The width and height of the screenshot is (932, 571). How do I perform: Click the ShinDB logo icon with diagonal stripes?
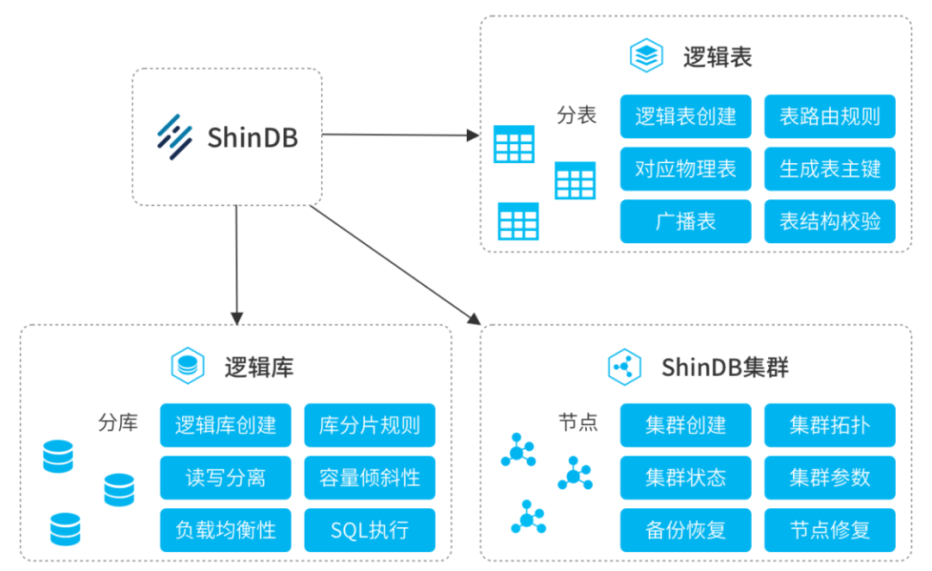(x=174, y=137)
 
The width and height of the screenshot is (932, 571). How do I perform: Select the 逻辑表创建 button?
(x=685, y=117)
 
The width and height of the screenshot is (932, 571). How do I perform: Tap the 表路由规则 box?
(x=829, y=117)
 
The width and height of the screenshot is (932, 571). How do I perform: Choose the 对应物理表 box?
(x=685, y=169)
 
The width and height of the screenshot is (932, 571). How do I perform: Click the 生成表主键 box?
(x=829, y=169)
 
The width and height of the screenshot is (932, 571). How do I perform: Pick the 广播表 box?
(x=685, y=221)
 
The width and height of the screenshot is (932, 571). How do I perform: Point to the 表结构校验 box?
(x=829, y=221)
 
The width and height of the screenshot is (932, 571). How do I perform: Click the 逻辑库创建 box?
(x=225, y=425)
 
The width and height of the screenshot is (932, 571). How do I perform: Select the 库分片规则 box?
(x=369, y=425)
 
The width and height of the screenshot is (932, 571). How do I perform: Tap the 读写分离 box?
(x=225, y=477)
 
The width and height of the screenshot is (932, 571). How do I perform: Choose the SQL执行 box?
(x=369, y=530)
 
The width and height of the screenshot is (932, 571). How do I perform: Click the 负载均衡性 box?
(x=225, y=530)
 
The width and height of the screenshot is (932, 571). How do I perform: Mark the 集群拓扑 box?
(x=829, y=425)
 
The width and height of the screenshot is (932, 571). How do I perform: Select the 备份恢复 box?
(x=685, y=530)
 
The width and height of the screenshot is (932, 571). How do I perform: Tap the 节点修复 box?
(x=829, y=530)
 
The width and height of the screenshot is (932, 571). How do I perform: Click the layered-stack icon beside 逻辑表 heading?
(x=645, y=56)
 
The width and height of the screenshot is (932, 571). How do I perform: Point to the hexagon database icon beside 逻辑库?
(x=186, y=367)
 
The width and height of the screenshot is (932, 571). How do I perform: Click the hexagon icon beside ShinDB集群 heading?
(x=623, y=367)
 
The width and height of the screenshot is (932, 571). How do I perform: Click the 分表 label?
(x=576, y=116)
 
